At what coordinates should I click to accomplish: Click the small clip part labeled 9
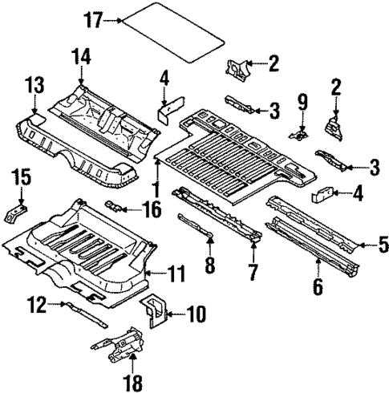[x=301, y=134]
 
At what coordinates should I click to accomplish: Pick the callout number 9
[x=303, y=103]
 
